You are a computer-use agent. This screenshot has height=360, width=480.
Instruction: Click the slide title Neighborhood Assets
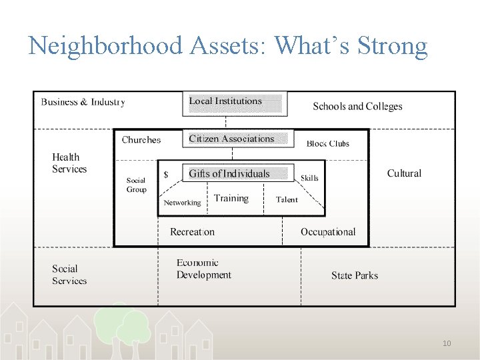227,45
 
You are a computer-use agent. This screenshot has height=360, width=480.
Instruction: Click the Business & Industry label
83,102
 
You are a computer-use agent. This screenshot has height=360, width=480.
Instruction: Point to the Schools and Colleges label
357,106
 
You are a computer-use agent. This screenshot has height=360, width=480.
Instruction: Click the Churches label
141,140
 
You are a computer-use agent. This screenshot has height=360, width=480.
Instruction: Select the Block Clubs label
327,143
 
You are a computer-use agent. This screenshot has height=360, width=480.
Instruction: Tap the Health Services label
69,163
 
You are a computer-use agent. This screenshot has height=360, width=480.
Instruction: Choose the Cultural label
404,173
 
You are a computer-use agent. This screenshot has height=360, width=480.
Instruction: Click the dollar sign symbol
166,175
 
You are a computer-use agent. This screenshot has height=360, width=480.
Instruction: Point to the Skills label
309,178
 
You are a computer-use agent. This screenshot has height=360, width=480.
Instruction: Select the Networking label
182,203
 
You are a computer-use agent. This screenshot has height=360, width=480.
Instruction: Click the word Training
231,198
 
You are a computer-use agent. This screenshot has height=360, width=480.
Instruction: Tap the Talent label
287,199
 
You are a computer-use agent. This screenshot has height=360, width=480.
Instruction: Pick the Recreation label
192,232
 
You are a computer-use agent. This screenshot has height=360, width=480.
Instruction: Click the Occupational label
327,232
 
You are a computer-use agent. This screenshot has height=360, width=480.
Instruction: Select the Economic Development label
203,269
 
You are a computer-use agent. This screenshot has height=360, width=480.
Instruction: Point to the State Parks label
354,275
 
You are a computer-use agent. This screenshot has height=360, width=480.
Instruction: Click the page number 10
447,343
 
